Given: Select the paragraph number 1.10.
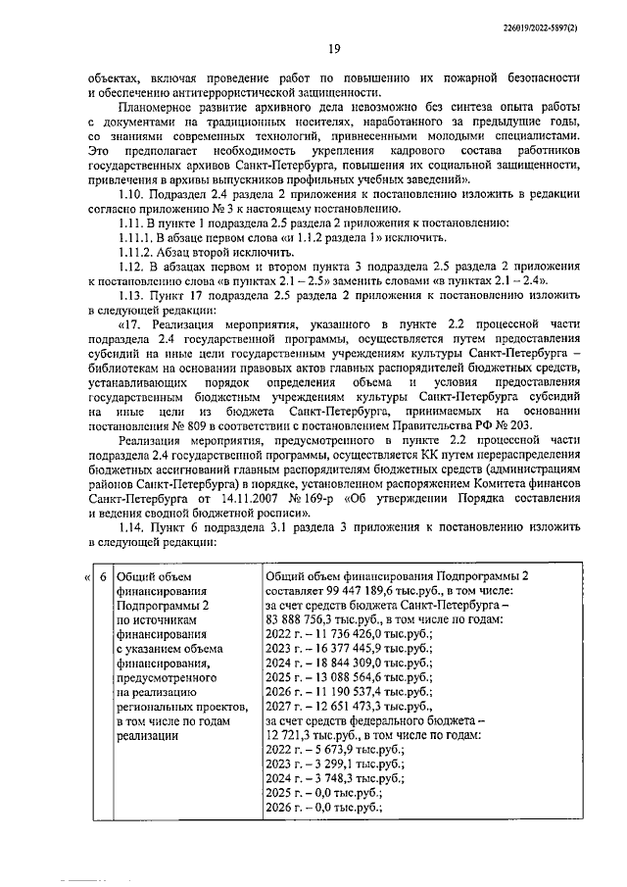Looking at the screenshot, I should coord(132,195).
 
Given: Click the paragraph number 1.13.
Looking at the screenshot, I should coord(132,295).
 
